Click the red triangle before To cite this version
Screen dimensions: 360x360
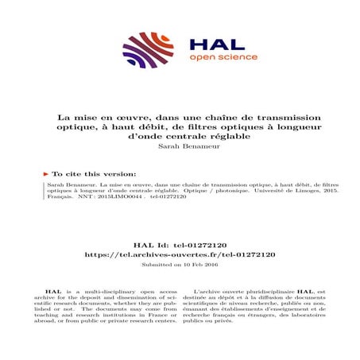click(46, 172)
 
